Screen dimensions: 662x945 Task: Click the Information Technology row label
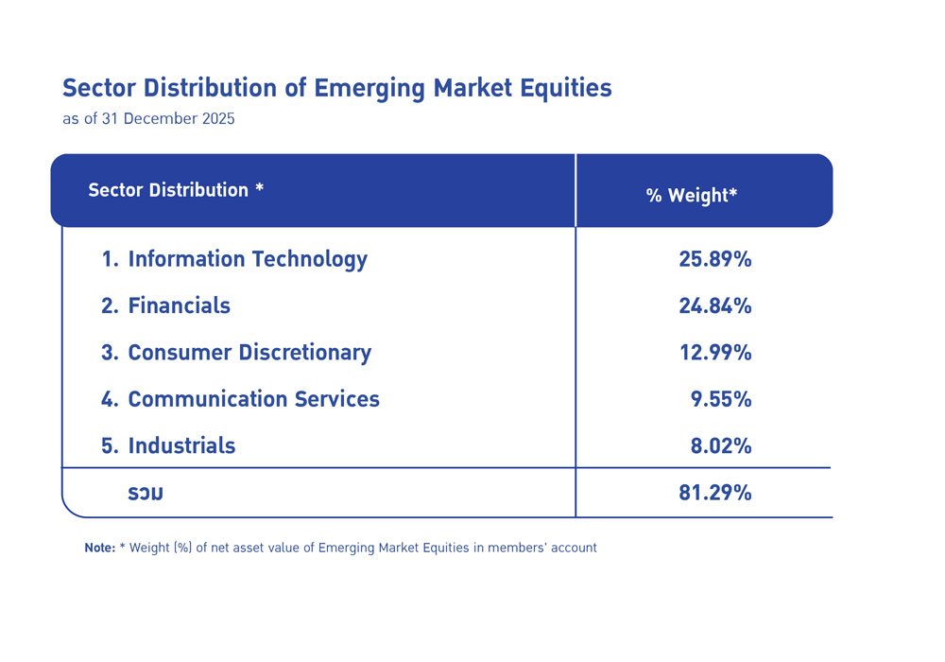pyautogui.click(x=247, y=259)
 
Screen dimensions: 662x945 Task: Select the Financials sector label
pyautogui.click(x=179, y=305)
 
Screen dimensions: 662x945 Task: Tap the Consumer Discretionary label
pyautogui.click(x=249, y=353)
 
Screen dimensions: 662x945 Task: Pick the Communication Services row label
pyautogui.click(x=253, y=399)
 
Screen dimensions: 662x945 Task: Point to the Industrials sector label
pyautogui.click(x=181, y=445)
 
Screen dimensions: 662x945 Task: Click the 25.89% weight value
pyautogui.click(x=714, y=259)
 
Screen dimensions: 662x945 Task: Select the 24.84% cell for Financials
pyautogui.click(x=714, y=305)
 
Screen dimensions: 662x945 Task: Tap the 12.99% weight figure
pyautogui.click(x=714, y=353)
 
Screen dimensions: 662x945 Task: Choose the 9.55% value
pyautogui.click(x=721, y=399)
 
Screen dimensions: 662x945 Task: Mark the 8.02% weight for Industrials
pyautogui.click(x=721, y=445)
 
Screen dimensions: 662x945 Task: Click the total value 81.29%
pyautogui.click(x=714, y=492)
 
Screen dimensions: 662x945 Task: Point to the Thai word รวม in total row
pyautogui.click(x=146, y=493)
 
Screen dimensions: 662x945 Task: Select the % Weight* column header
pyautogui.click(x=691, y=196)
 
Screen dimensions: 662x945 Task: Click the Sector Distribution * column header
pyautogui.click(x=176, y=190)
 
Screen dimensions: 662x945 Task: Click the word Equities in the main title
pyautogui.click(x=564, y=89)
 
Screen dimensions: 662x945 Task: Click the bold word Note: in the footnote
pyautogui.click(x=99, y=548)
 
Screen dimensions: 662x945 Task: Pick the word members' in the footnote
pyautogui.click(x=522, y=548)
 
